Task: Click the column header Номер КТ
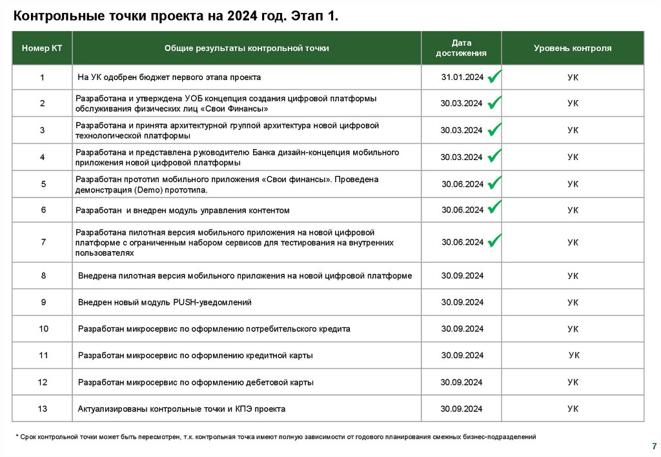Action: coord(42,48)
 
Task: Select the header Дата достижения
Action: coord(461,48)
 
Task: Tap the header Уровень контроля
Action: coord(573,48)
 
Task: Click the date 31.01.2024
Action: coord(462,77)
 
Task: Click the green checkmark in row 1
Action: coord(495,77)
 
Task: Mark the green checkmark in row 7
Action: coord(495,241)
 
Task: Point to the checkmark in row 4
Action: coord(495,156)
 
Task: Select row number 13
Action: coord(43,409)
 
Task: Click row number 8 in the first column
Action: coord(43,276)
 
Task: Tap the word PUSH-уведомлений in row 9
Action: coord(212,302)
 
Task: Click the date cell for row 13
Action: coord(462,409)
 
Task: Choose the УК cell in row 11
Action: coord(574,355)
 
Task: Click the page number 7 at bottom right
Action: coord(655,446)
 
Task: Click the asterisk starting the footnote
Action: coord(17,438)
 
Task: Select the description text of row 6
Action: coord(183,210)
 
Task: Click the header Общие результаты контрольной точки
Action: coord(247,48)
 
